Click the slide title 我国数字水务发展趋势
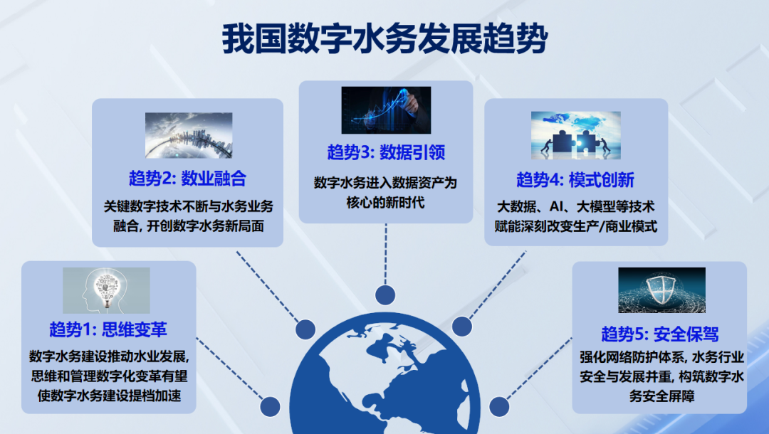pyautogui.click(x=384, y=39)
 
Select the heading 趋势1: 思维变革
pyautogui.click(x=108, y=330)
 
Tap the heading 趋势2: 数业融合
pyautogui.click(x=188, y=178)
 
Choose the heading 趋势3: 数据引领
pyautogui.click(x=386, y=153)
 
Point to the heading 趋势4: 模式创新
pyautogui.click(x=575, y=179)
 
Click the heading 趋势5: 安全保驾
pyautogui.click(x=659, y=334)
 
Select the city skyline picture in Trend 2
pyautogui.click(x=189, y=135)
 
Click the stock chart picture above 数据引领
pyautogui.click(x=386, y=110)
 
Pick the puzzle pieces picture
pyautogui.click(x=575, y=135)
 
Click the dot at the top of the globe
pyautogui.click(x=385, y=294)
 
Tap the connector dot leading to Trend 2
pyautogui.click(x=305, y=329)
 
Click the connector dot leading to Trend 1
pyautogui.click(x=270, y=406)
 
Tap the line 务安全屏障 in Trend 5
pyautogui.click(x=659, y=396)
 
